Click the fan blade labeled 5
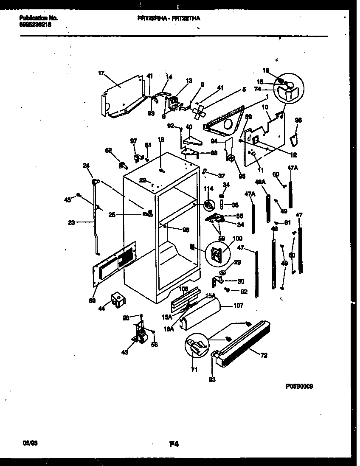tap(197, 111)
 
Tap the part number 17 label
tap(101, 73)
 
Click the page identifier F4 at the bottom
tap(174, 445)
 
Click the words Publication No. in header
tap(39, 18)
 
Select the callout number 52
tap(108, 150)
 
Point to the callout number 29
tap(237, 263)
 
